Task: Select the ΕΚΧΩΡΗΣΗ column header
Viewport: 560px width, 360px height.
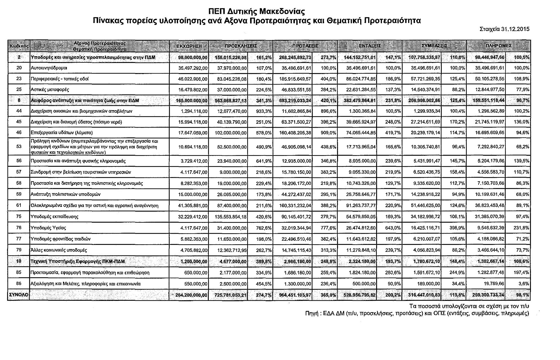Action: (x=189, y=46)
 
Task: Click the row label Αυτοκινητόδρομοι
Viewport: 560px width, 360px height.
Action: (x=49, y=68)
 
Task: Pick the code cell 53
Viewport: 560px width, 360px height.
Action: (x=19, y=146)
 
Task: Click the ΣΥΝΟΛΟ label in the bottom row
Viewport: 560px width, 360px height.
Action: (x=18, y=295)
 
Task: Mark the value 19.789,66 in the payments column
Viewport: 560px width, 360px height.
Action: (x=493, y=284)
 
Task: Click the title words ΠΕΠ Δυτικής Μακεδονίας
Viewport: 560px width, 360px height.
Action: (x=257, y=12)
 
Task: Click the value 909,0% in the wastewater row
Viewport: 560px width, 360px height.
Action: (x=329, y=132)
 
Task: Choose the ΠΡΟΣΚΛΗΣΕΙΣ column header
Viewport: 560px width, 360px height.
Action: (x=241, y=46)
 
